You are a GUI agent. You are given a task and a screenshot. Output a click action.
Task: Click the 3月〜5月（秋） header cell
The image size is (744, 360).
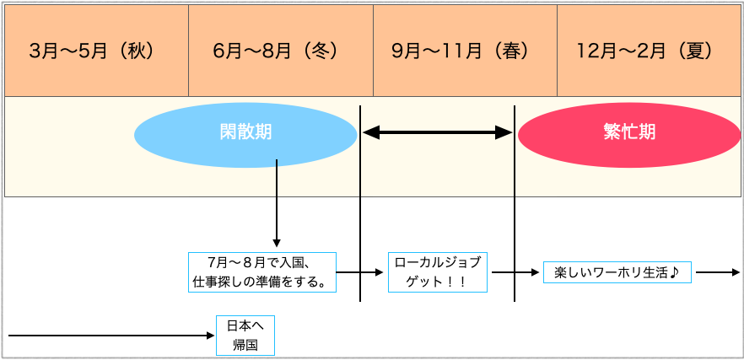96,51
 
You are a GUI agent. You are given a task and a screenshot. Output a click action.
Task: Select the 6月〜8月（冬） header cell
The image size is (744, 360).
280,51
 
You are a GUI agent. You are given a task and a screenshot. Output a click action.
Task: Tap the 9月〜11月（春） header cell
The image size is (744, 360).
465,51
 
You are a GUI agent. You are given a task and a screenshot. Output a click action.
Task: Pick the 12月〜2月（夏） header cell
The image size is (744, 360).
649,51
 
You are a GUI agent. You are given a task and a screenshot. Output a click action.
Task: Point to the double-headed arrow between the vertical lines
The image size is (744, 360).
437,132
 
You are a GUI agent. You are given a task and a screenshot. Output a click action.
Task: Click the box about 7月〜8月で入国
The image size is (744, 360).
261,271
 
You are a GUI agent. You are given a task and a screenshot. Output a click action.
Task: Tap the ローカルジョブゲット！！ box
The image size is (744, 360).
437,271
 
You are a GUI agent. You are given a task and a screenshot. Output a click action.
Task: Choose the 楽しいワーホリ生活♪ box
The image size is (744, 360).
617,272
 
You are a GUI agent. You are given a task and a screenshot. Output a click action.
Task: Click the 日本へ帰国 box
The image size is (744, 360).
245,336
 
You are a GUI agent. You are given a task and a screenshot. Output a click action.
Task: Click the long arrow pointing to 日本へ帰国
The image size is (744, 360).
110,336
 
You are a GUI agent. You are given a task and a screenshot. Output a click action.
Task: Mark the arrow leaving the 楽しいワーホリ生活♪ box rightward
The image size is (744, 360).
717,272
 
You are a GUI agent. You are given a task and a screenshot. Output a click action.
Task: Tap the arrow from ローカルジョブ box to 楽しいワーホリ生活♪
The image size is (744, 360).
515,272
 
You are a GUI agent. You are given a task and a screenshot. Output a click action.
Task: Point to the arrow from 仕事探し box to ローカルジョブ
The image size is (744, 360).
361,272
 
